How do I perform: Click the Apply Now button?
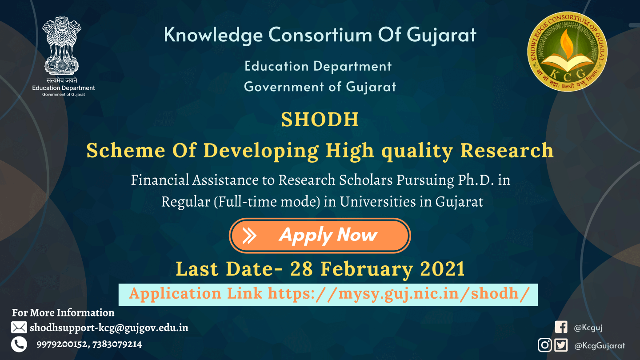point(320,236)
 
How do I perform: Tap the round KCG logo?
point(567,52)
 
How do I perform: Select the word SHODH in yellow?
point(320,120)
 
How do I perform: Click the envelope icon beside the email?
point(19,328)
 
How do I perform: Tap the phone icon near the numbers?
point(19,344)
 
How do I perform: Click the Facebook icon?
point(561,328)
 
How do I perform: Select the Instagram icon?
point(544,345)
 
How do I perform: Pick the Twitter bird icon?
point(561,345)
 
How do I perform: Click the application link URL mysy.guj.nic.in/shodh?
point(399,294)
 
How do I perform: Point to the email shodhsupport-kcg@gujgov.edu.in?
point(109,328)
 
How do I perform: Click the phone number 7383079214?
point(117,344)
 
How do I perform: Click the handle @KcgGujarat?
point(600,346)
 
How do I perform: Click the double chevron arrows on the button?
point(249,236)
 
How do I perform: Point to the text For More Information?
point(63,313)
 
